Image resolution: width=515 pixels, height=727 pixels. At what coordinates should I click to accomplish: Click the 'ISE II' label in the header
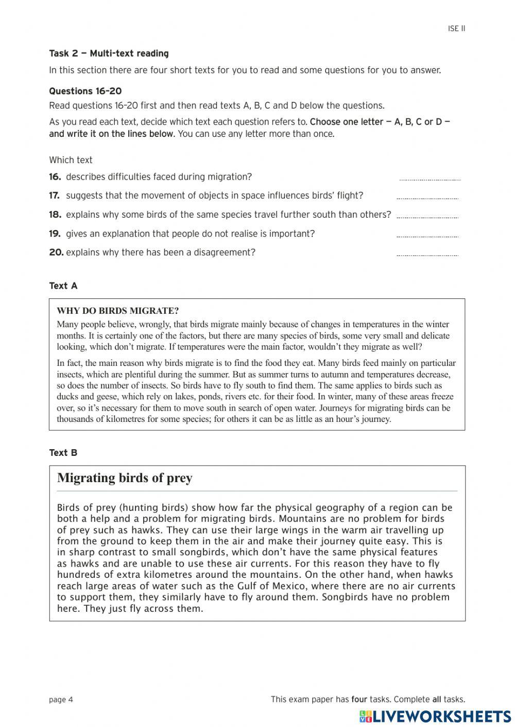coord(456,29)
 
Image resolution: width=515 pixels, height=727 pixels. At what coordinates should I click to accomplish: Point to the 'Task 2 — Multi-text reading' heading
coord(109,54)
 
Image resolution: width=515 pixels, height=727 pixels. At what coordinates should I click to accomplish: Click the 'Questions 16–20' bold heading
coord(85,91)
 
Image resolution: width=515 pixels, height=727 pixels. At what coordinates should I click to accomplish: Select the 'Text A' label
coord(63,286)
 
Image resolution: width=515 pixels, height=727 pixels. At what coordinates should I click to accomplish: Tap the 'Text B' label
coord(63,453)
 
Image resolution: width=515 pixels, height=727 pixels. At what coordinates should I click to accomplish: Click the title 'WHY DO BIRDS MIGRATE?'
coord(118,311)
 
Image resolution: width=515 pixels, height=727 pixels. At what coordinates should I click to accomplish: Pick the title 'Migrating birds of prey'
coord(125,478)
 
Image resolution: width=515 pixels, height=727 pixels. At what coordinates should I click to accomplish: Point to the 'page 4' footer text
coord(61,699)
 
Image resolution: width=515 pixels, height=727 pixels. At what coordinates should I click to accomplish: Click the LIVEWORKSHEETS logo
coord(435,716)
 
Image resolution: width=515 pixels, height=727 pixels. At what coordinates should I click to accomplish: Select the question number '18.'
coord(55,215)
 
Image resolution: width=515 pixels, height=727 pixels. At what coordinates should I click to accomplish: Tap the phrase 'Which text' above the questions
coord(71,160)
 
